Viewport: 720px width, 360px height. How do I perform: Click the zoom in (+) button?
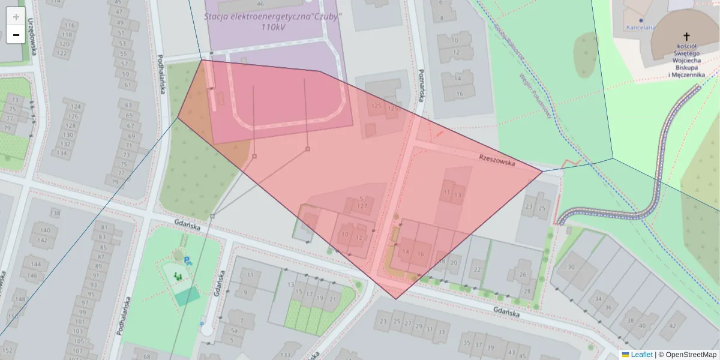click(16, 17)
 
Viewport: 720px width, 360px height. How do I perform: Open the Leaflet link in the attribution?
click(641, 355)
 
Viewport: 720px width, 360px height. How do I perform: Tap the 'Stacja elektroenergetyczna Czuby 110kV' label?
click(272, 21)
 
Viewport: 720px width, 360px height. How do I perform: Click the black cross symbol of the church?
click(685, 35)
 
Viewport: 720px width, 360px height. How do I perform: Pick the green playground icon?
click(178, 277)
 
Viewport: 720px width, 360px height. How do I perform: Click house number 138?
click(56, 214)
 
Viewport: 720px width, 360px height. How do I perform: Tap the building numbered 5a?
click(235, 331)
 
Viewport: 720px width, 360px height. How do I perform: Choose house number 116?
click(70, 25)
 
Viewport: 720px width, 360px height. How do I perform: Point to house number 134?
click(61, 153)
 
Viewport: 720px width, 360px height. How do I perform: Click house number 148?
click(21, 299)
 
